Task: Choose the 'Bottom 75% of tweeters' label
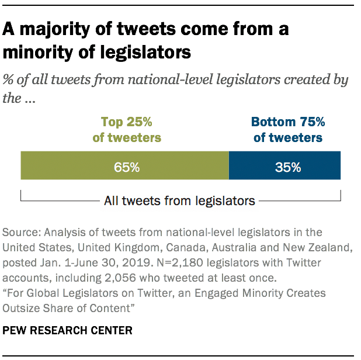click(x=287, y=130)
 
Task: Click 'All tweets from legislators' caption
click(x=179, y=201)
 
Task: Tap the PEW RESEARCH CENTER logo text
click(x=68, y=330)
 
